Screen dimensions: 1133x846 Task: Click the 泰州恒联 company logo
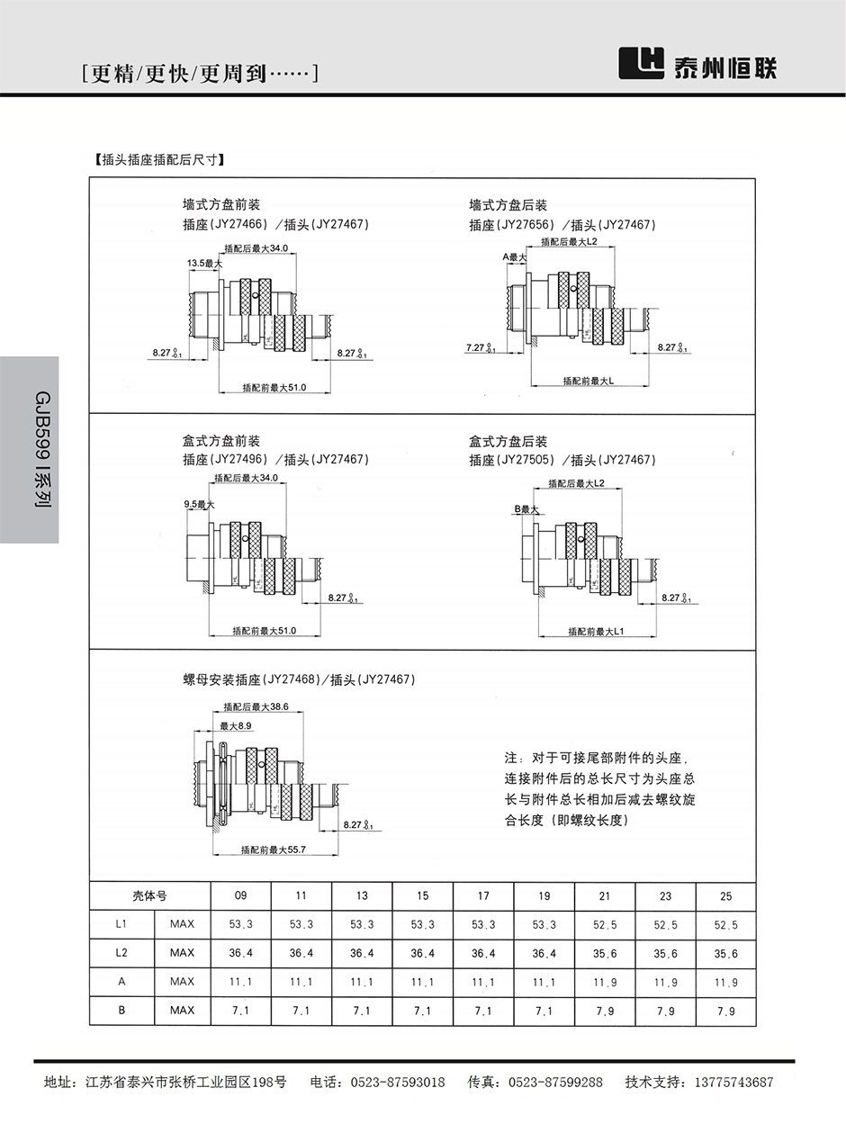coord(698,67)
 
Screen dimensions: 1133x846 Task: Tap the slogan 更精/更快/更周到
coord(199,74)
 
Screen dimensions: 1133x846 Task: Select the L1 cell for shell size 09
coord(240,924)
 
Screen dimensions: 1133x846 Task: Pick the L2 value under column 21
coord(605,953)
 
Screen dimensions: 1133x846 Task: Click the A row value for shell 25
coord(725,982)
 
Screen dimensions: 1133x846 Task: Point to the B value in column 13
coord(362,1011)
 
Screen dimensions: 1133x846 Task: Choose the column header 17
coord(483,895)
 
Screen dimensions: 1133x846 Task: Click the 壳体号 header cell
coord(149,895)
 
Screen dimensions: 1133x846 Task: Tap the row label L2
coord(121,953)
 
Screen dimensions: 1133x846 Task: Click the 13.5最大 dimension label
coord(204,263)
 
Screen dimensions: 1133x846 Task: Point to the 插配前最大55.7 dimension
coord(274,849)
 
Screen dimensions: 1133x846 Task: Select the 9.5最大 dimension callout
coord(199,505)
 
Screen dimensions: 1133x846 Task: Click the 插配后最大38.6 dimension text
coord(256,706)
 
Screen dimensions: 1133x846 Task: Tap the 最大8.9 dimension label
coord(236,725)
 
